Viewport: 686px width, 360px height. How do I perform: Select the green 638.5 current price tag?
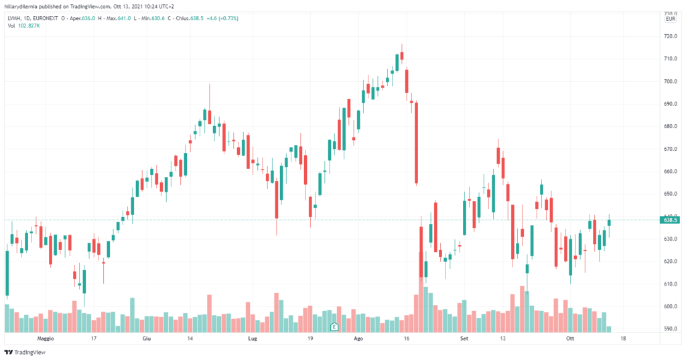pyautogui.click(x=671, y=219)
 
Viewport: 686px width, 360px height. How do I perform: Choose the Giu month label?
pyautogui.click(x=146, y=339)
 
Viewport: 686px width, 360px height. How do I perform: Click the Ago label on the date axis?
pyautogui.click(x=358, y=339)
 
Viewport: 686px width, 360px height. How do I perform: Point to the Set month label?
pyautogui.click(x=464, y=339)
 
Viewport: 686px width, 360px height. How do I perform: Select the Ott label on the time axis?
pyautogui.click(x=570, y=339)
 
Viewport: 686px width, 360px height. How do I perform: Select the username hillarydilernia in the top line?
pyautogui.click(x=24, y=5)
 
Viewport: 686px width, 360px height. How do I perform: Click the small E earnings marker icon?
pyautogui.click(x=334, y=326)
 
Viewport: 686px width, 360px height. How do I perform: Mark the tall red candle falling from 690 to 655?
pyautogui.click(x=416, y=142)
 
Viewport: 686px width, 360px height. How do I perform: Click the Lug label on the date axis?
pyautogui.click(x=252, y=339)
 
